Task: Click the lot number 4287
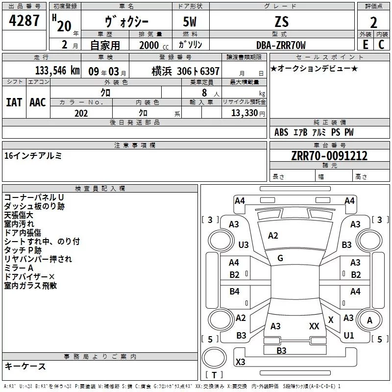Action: tap(24, 22)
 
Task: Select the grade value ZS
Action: tap(282, 22)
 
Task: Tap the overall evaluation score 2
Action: tap(373, 23)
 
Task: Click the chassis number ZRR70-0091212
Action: tap(329, 156)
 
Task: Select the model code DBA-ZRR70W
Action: tap(281, 45)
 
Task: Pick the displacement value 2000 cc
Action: tap(150, 45)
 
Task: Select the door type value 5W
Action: tap(191, 22)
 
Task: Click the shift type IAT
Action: tap(14, 102)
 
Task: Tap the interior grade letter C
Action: tap(381, 45)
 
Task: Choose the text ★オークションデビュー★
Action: tap(314, 68)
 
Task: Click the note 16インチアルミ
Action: tap(33, 156)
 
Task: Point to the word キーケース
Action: tap(25, 367)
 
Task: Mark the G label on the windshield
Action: tap(280, 258)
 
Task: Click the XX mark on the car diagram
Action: tap(314, 326)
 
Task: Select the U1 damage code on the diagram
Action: tap(349, 336)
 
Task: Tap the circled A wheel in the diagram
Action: tap(369, 320)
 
